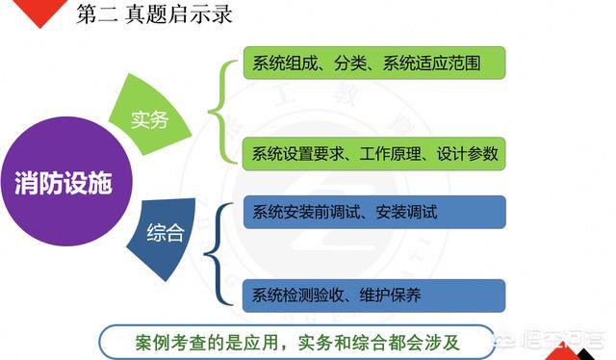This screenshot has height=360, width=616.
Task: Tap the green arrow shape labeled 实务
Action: (153, 119)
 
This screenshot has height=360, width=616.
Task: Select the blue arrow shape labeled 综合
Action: (164, 233)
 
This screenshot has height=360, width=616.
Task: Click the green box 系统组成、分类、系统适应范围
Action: (373, 64)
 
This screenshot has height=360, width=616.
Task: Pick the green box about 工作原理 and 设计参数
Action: (373, 153)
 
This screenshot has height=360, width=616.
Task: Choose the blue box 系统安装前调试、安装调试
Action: (373, 212)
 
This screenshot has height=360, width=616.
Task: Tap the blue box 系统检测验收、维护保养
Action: (373, 296)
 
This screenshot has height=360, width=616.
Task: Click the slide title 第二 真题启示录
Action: (154, 15)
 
